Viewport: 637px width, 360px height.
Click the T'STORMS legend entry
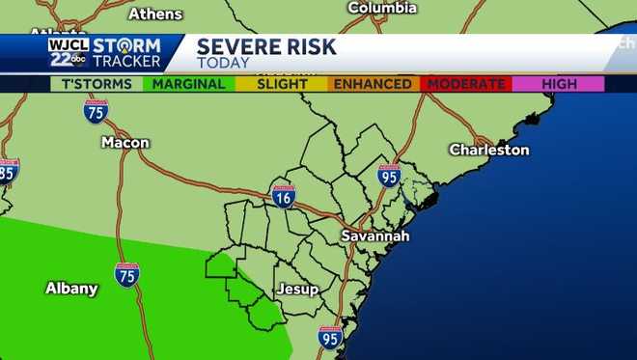click(97, 84)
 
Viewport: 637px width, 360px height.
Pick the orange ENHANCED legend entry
click(374, 84)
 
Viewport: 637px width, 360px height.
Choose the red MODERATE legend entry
click(466, 84)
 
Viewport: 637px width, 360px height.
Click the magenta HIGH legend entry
click(559, 84)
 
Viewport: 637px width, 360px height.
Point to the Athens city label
click(154, 14)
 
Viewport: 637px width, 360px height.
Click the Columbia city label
click(382, 8)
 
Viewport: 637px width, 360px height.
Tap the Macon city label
click(125, 143)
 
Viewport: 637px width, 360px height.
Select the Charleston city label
click(489, 150)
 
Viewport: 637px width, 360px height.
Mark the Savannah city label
click(375, 235)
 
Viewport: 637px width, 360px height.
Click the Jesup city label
click(297, 289)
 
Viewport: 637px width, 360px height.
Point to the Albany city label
click(71, 289)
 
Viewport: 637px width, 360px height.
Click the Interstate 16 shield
click(283, 196)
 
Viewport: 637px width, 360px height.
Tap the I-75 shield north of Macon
click(95, 109)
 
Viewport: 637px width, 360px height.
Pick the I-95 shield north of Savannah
click(389, 175)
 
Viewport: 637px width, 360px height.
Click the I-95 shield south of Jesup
click(330, 338)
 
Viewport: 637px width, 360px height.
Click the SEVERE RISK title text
click(266, 46)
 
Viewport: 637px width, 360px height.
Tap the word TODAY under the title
click(223, 63)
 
